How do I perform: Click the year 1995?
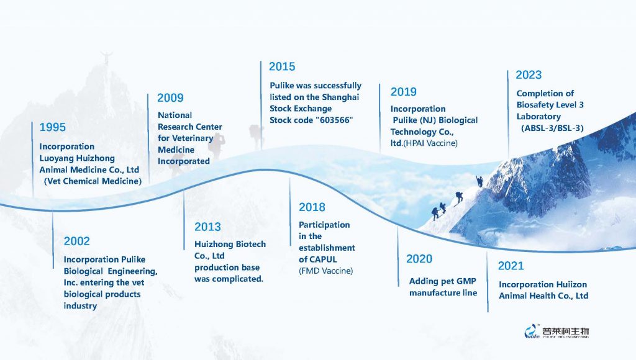tap(52, 127)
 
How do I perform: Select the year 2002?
tap(76, 241)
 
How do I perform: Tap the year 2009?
tap(170, 97)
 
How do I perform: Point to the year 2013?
tap(207, 227)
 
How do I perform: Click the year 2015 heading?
tap(282, 66)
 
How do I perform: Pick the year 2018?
tap(312, 207)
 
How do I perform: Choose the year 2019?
tap(404, 92)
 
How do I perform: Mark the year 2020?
tap(419, 259)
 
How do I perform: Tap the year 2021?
tap(511, 266)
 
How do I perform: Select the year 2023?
tap(529, 74)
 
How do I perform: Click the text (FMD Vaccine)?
tap(325, 271)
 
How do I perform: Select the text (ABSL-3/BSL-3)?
tap(552, 128)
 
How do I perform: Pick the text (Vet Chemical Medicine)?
tap(93, 181)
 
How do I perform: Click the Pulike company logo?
tap(556, 331)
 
